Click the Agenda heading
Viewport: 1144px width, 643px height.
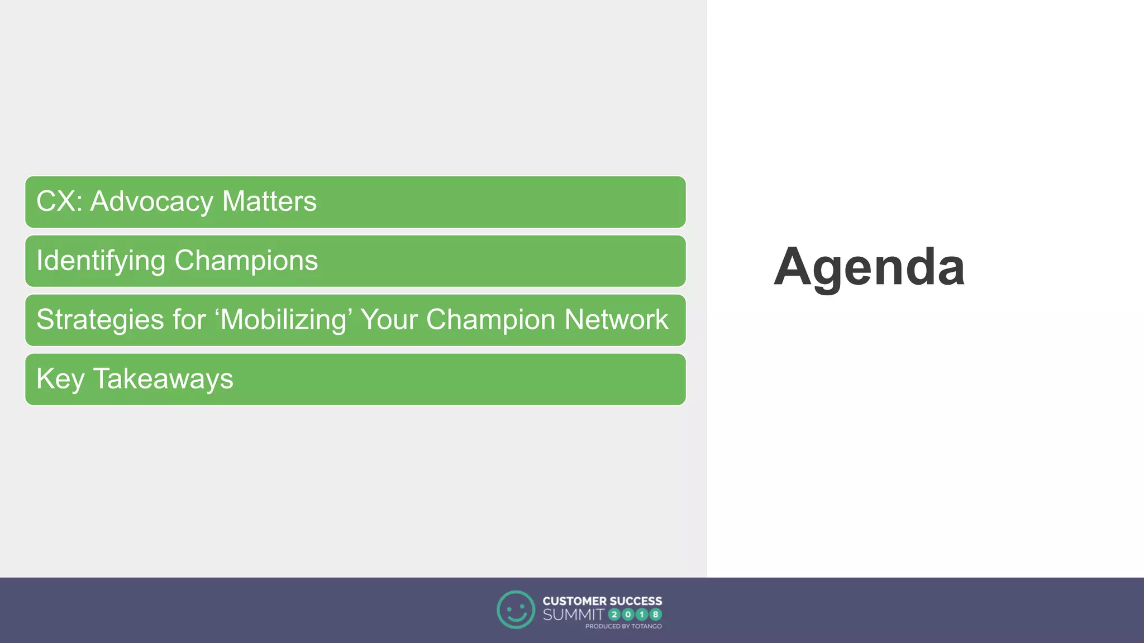869,267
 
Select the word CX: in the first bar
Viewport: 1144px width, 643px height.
59,201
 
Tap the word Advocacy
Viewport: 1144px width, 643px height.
151,201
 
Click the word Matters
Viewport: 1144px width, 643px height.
269,201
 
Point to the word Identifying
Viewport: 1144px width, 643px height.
101,261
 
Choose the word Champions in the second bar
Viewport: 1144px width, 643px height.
246,261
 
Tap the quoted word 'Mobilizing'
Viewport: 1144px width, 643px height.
283,320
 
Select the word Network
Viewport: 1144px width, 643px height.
616,320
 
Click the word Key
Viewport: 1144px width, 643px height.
60,379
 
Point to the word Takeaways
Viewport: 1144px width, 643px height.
163,379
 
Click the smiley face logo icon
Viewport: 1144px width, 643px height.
516,610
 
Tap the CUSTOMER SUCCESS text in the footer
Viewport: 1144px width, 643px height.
602,601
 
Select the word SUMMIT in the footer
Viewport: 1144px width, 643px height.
573,615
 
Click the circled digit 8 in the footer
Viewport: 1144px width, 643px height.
655,615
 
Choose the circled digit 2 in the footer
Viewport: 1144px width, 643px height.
614,615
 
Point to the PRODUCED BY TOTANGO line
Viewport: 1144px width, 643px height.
623,626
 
